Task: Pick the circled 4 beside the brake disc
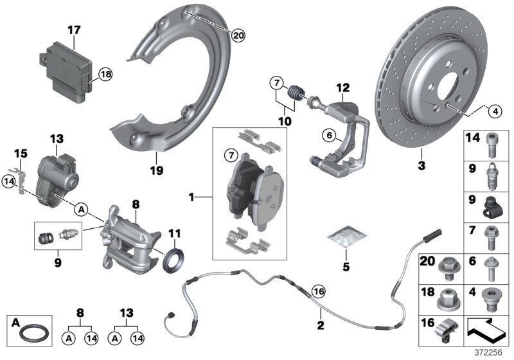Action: [x=493, y=111]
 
